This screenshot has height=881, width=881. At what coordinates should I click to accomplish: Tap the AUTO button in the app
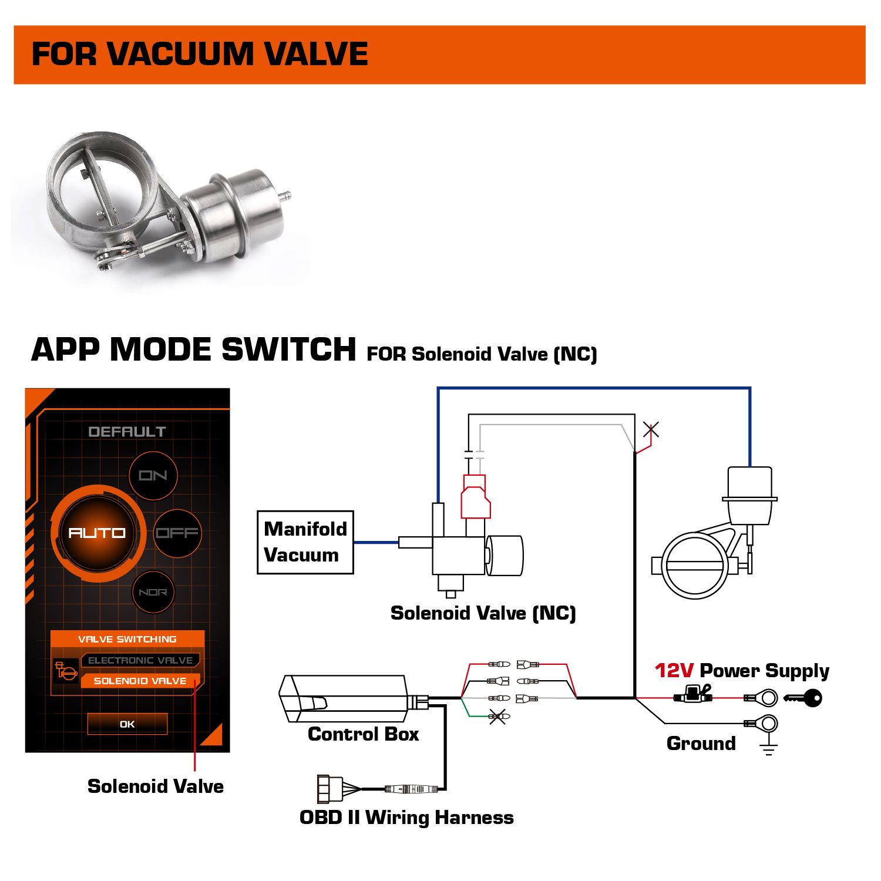click(x=97, y=533)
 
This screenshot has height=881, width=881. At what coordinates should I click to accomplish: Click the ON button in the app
click(x=153, y=475)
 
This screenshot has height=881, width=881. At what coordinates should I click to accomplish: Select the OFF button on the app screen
click(x=177, y=533)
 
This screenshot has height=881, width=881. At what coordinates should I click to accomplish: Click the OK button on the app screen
click(x=127, y=724)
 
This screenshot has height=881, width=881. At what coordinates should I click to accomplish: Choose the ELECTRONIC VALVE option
click(x=140, y=660)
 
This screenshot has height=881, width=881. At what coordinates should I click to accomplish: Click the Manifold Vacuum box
click(x=305, y=542)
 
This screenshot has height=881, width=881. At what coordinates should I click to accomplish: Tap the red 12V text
click(x=674, y=670)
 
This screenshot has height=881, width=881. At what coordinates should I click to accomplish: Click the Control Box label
click(x=363, y=734)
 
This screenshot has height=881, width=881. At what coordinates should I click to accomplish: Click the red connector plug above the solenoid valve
click(x=475, y=497)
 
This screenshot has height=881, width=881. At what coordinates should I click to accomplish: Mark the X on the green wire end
click(x=498, y=717)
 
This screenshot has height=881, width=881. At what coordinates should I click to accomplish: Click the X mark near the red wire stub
click(x=651, y=430)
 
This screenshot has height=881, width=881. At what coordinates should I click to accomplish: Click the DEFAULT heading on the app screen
click(x=127, y=432)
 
